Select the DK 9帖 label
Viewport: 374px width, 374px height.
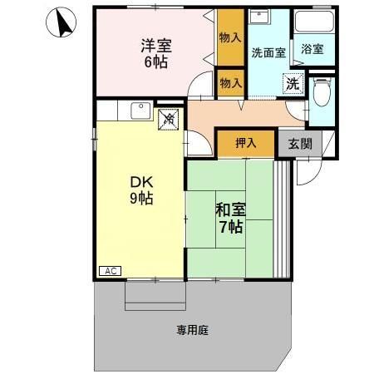click(x=140, y=189)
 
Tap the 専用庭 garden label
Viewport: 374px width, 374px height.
click(x=192, y=330)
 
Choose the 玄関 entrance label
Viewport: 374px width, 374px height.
click(x=300, y=142)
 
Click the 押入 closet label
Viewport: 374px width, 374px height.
click(x=245, y=143)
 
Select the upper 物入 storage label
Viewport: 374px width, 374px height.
click(x=230, y=37)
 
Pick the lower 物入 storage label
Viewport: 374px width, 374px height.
click(x=230, y=82)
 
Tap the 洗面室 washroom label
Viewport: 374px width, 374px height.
click(x=268, y=52)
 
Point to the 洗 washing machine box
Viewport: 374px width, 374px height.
click(x=293, y=82)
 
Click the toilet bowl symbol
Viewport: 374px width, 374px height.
click(x=321, y=91)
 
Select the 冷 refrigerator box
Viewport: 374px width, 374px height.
click(x=169, y=119)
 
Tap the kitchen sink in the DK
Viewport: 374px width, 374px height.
click(x=138, y=111)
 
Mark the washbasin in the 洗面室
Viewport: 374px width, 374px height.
click(x=260, y=21)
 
